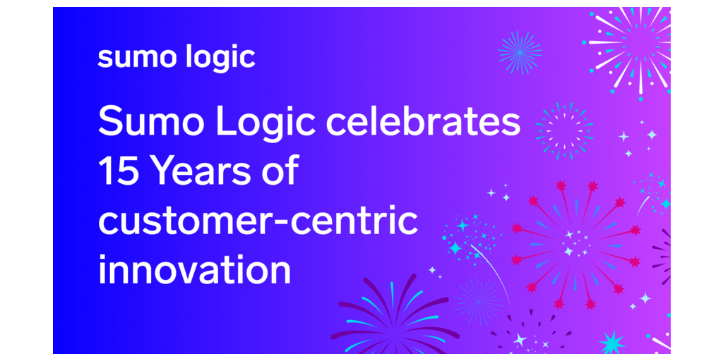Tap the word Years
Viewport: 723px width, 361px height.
tap(213, 170)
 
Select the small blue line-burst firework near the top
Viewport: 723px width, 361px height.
tap(520, 53)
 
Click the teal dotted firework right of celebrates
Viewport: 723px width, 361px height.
tap(564, 131)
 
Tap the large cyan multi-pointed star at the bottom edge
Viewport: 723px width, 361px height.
tap(612, 343)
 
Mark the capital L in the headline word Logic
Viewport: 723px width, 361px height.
tap(227, 121)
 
